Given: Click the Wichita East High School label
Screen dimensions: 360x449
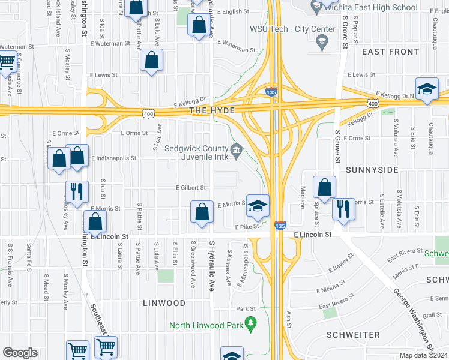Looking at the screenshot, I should tap(369, 7).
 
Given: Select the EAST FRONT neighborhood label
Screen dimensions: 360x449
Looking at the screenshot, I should tap(391, 52).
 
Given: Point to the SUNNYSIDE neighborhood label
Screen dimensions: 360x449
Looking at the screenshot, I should tap(372, 170).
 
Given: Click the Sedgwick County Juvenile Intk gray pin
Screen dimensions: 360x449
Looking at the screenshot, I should tap(237, 149).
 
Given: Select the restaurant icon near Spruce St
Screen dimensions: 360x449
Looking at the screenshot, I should tap(343, 209).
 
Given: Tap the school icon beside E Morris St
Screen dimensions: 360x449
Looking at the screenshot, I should tap(258, 206).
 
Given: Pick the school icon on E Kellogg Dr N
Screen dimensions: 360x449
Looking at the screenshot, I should tap(427, 89).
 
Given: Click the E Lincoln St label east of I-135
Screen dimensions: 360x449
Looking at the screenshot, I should tap(312, 235).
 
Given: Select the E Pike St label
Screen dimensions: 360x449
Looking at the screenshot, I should tap(247, 226).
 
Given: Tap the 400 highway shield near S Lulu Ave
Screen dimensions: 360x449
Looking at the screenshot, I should tap(148, 113).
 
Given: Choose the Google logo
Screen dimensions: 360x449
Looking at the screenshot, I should tap(20, 352).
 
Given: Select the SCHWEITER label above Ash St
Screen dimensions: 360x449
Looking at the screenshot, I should tap(354, 334).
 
